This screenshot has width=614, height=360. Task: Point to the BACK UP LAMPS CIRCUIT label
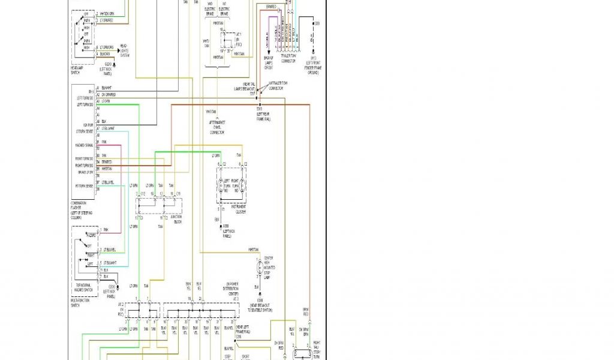tap(269, 65)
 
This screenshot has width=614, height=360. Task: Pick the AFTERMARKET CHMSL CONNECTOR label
tap(216, 127)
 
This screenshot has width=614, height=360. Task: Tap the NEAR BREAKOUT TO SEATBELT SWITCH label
tap(261, 308)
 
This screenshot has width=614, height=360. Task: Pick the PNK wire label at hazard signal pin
tap(104, 142)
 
